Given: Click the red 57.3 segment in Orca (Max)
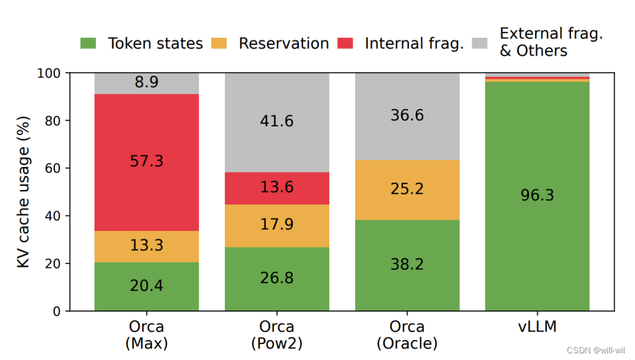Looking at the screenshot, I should (x=147, y=162).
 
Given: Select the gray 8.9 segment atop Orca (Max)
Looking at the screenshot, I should (x=147, y=83).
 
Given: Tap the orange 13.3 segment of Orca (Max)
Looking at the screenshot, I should (x=147, y=246).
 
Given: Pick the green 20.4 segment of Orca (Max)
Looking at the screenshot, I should (x=147, y=287).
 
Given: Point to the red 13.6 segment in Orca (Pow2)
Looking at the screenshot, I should (x=277, y=188).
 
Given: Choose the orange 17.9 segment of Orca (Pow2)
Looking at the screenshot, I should (x=277, y=226).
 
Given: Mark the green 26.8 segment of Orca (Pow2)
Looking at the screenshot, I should (x=277, y=279).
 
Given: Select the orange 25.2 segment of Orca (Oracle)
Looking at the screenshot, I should (x=407, y=189).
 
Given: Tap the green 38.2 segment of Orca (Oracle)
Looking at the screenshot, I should (x=407, y=265).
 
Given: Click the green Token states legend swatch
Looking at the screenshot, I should (x=88, y=44).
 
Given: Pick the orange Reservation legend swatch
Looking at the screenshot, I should (x=219, y=44).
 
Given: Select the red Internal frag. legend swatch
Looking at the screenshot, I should (x=345, y=44).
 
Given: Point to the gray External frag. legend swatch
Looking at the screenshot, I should (x=481, y=44).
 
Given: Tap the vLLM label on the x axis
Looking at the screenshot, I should (x=537, y=328).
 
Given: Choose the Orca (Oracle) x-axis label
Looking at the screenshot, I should (x=407, y=336).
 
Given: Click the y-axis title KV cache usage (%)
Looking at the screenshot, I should (x=24, y=192).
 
